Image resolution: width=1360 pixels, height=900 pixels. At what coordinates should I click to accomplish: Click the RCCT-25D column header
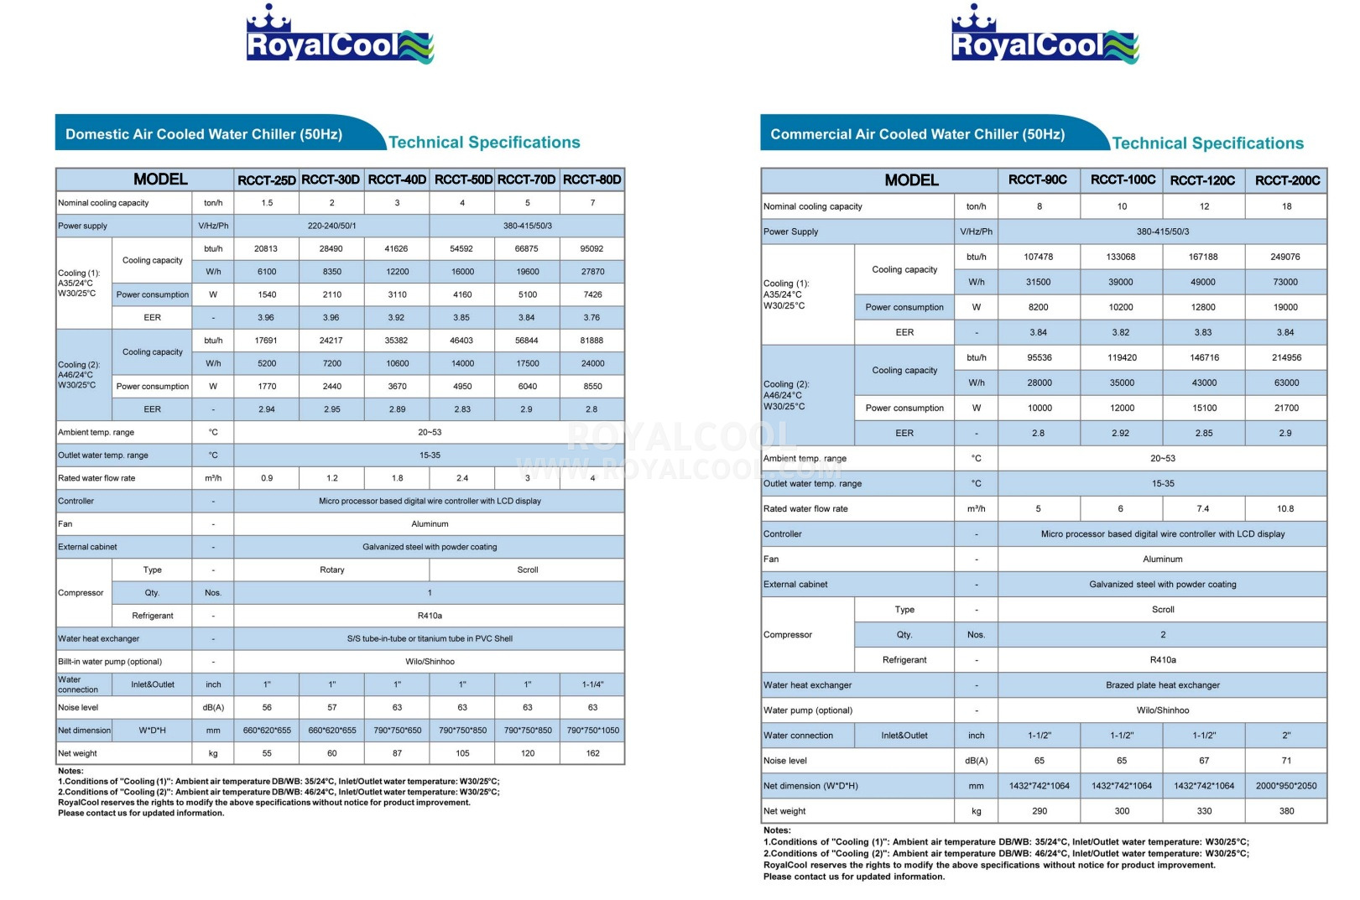click(267, 179)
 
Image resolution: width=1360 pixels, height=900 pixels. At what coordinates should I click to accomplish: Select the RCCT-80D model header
click(592, 179)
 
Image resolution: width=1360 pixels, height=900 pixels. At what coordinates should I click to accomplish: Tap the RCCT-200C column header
click(1287, 180)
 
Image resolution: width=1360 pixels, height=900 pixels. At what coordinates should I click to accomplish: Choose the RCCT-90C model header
click(1038, 179)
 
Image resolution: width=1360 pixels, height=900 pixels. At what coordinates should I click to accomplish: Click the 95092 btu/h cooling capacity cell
click(591, 249)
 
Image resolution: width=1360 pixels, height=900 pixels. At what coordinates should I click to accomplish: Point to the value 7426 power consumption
click(592, 294)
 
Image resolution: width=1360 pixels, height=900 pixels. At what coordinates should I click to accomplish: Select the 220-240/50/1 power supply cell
click(331, 226)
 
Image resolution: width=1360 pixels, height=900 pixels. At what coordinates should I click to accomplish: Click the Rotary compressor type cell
click(331, 570)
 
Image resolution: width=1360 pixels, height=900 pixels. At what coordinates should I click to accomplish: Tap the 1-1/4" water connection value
click(592, 684)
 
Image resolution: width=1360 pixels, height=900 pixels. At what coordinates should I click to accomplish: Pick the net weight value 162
click(592, 753)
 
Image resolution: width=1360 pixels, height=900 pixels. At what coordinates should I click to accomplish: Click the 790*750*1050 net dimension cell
click(592, 731)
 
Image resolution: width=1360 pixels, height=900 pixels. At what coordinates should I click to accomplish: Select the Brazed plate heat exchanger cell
click(1162, 685)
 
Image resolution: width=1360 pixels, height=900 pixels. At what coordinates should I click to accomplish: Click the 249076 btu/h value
click(1284, 257)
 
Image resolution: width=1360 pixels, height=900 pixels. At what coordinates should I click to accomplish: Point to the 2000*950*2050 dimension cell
click(1286, 786)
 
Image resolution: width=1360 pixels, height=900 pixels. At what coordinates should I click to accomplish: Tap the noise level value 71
click(1286, 761)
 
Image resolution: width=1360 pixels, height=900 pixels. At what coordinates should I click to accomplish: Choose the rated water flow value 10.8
click(1284, 508)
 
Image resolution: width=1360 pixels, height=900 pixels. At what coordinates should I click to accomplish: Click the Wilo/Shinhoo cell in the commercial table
click(1162, 710)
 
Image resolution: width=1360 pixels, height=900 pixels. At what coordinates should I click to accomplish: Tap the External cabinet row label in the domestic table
click(88, 547)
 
